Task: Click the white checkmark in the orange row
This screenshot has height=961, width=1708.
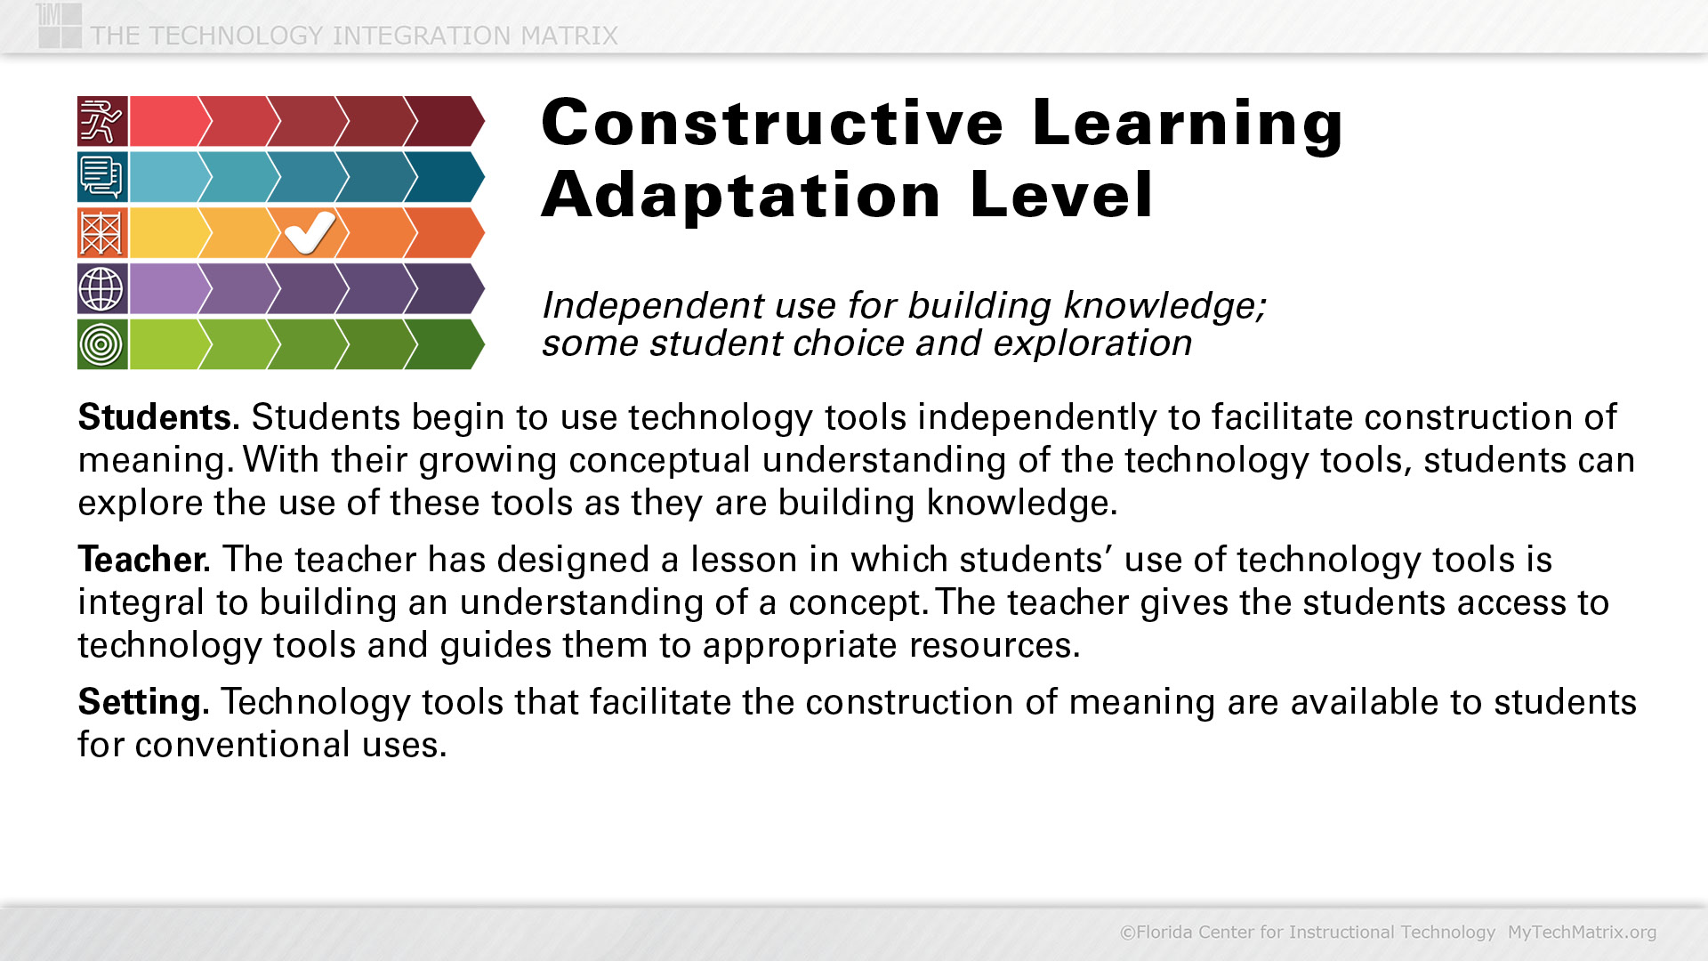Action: (310, 233)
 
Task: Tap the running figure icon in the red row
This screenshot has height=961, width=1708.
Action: (102, 121)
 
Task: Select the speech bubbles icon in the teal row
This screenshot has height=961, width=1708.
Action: (102, 177)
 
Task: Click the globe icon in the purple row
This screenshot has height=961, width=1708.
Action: (102, 288)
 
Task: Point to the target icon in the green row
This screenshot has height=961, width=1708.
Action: (102, 344)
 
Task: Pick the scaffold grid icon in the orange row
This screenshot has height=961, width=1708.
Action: (102, 233)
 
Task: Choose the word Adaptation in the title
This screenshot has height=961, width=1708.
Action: (741, 195)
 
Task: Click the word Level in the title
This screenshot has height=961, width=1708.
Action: (1062, 195)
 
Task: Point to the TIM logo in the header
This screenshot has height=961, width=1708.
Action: (60, 25)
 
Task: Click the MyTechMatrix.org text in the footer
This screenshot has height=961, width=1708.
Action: (1582, 932)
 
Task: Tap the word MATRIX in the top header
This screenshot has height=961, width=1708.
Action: (569, 36)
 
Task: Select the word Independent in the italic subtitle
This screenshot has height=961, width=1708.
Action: (653, 305)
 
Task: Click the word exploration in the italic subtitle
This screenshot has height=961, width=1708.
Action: (1092, 343)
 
